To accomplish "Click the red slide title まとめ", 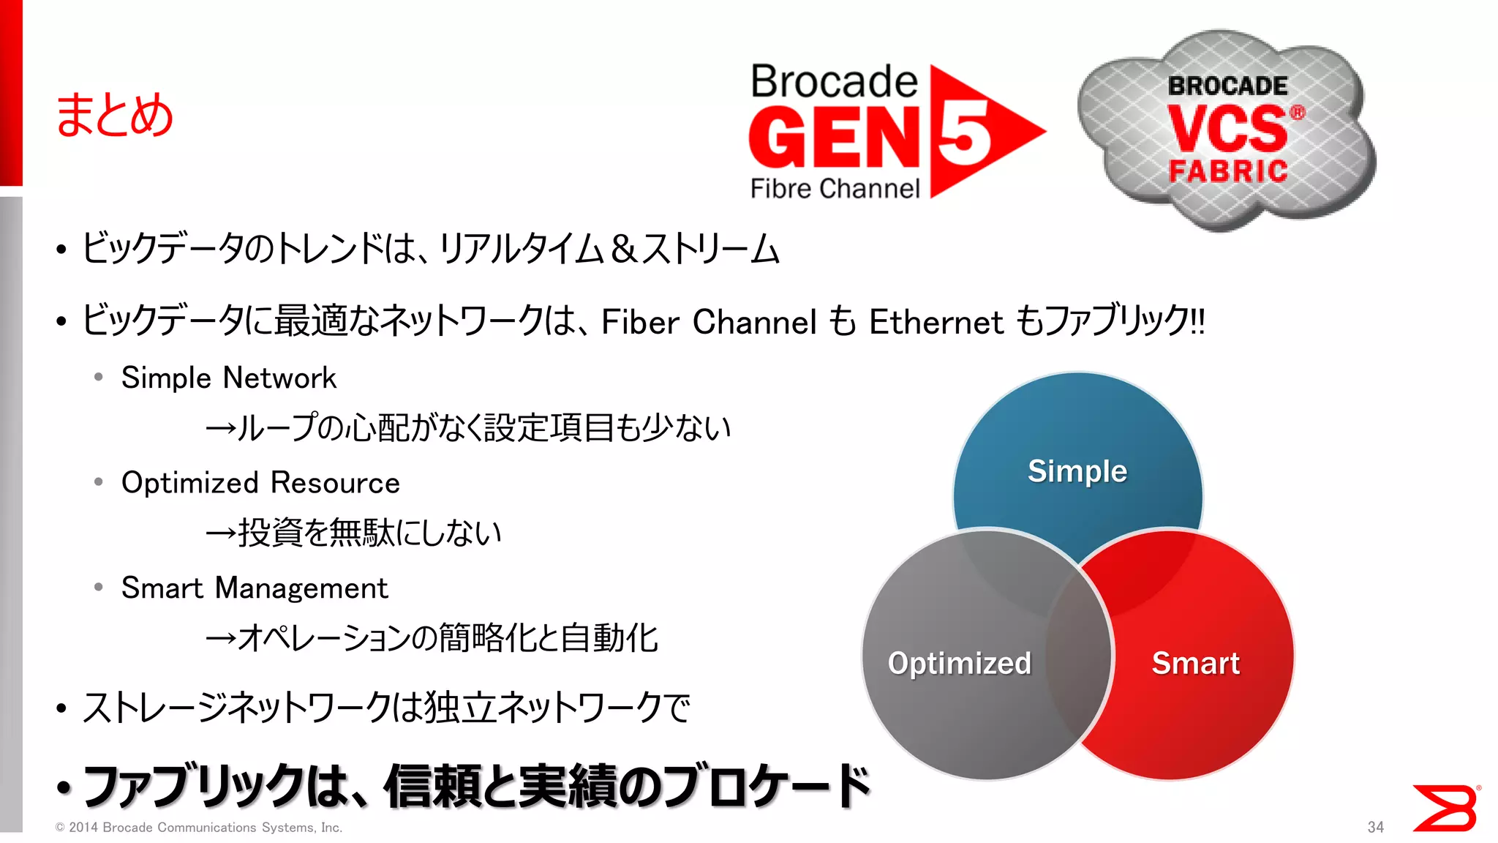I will pos(114,116).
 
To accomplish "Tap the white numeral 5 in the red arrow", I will pos(964,132).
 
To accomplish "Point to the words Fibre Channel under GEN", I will pos(835,189).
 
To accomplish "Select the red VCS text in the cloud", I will pos(1227,129).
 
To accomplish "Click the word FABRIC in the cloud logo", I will pos(1228,171).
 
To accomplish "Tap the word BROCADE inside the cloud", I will pos(1227,86).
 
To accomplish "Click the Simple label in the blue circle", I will pos(1077,471).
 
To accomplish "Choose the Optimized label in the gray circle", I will pos(959,663).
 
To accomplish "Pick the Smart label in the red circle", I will pos(1195,663).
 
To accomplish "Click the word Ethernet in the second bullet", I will pos(936,322).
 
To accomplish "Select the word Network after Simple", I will pos(279,378).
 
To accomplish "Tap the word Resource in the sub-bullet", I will pos(335,483).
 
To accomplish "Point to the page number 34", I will pos(1375,827).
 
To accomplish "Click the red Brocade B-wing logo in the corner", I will pos(1445,808).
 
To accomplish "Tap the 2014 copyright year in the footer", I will pos(83,828).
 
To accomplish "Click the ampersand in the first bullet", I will pos(623,249).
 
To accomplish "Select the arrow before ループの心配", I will pos(220,429).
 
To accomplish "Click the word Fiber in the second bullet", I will pos(640,322).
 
